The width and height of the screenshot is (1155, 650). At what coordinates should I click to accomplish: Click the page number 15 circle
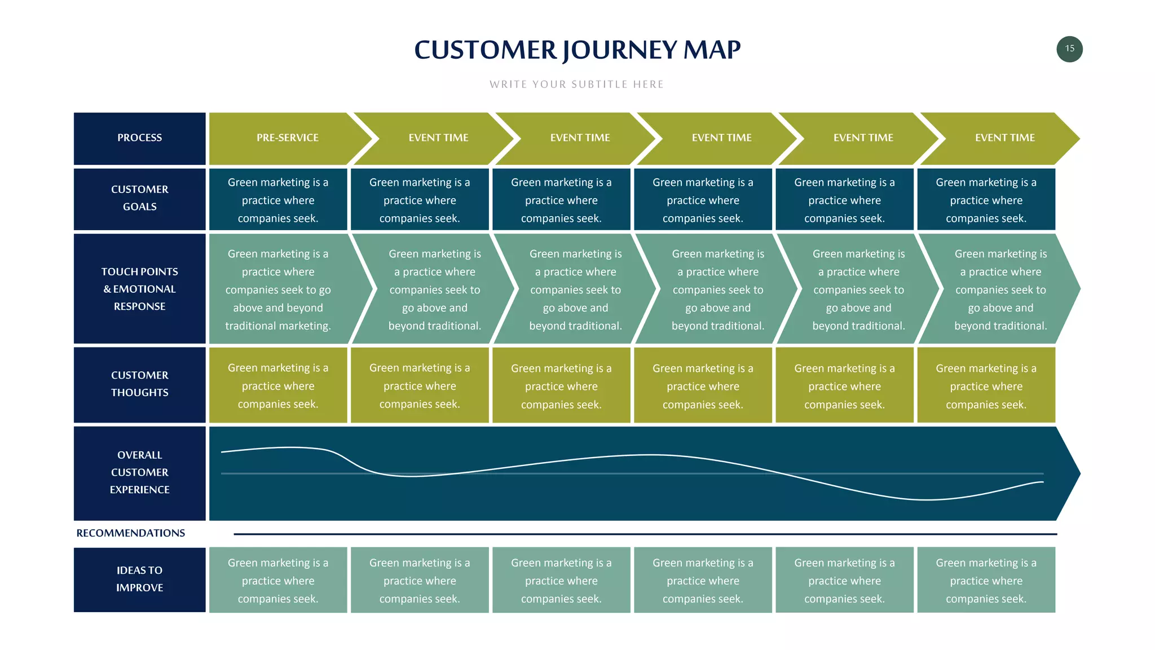click(x=1069, y=49)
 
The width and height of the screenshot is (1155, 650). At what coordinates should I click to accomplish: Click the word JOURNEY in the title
click(x=620, y=50)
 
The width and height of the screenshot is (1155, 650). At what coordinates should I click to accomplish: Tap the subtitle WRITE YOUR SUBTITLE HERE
click(x=576, y=85)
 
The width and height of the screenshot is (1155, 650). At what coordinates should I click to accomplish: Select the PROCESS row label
click(x=139, y=138)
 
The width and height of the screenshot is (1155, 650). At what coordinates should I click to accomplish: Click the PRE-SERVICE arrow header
click(x=287, y=138)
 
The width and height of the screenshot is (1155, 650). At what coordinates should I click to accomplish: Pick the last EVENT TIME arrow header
click(x=1004, y=138)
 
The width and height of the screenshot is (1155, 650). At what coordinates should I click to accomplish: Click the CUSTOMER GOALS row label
click(x=139, y=199)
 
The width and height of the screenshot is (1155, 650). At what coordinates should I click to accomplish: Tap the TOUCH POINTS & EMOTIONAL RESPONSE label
click(x=139, y=289)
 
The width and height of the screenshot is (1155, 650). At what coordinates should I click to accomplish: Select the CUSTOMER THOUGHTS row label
click(x=139, y=384)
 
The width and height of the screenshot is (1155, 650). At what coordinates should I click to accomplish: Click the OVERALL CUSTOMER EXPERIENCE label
click(x=139, y=473)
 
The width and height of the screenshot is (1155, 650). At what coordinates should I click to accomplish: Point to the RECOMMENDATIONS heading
click(x=130, y=533)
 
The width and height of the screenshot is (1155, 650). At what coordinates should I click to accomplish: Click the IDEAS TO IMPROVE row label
click(x=139, y=579)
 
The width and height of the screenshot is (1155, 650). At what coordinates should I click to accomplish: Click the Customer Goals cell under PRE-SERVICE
click(x=278, y=200)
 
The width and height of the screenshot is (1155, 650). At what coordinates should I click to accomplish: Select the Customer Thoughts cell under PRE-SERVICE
click(x=278, y=385)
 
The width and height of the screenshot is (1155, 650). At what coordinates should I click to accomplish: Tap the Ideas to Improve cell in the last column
click(x=986, y=580)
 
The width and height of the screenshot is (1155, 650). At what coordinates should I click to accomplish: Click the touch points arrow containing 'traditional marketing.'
click(x=278, y=289)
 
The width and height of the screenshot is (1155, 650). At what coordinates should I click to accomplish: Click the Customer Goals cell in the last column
click(x=986, y=200)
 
